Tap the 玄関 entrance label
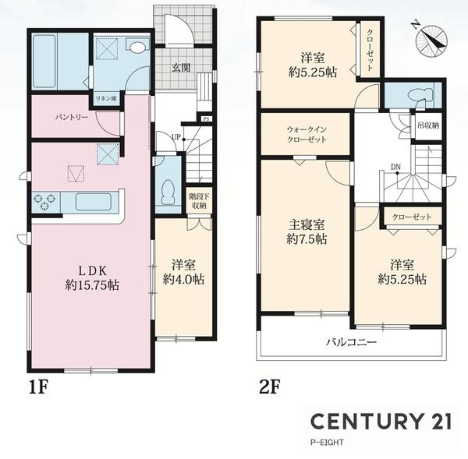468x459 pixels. pyautogui.click(x=181, y=68)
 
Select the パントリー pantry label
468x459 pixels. pyautogui.click(x=72, y=117)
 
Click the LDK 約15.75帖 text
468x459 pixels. pyautogui.click(x=92, y=278)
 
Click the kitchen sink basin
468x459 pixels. pyautogui.click(x=94, y=202)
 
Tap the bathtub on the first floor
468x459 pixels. pyautogui.click(x=44, y=61)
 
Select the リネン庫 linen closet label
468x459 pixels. pyautogui.click(x=106, y=99)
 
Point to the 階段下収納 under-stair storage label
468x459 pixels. pyautogui.click(x=199, y=201)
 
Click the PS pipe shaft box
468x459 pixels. pyautogui.click(x=206, y=119)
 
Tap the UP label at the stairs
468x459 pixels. pyautogui.click(x=176, y=137)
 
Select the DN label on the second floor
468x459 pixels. pyautogui.click(x=395, y=167)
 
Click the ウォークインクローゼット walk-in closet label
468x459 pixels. pyautogui.click(x=307, y=135)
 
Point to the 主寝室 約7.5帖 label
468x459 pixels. pyautogui.click(x=307, y=232)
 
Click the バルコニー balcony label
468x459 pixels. pyautogui.click(x=351, y=342)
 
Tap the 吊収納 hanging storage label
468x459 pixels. pyautogui.click(x=428, y=125)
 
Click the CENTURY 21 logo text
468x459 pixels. pyautogui.click(x=381, y=422)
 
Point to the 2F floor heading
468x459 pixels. pyautogui.click(x=270, y=388)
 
